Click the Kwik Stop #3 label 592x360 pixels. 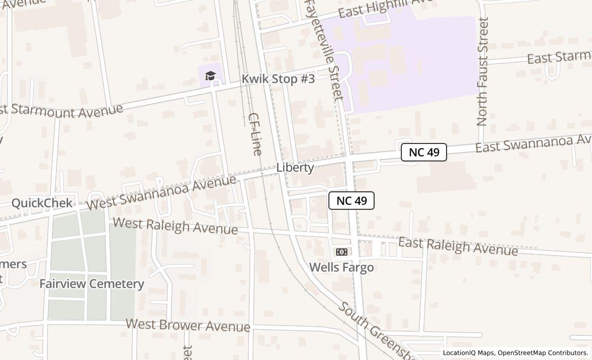pos(278,79)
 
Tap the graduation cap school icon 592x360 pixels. pos(210,76)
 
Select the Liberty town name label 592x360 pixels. pos(295,168)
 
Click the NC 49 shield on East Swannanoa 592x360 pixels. pos(423,152)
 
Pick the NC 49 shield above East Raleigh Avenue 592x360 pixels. pos(351,201)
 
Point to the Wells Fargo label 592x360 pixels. pos(341,267)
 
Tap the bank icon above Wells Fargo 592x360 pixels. pos(341,251)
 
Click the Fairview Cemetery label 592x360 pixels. pos(91,283)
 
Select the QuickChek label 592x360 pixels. pos(42,203)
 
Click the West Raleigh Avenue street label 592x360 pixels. pos(175,226)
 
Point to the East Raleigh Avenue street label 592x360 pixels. pos(458,246)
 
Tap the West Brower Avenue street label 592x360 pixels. pos(188,325)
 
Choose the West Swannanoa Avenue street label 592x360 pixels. pos(161,192)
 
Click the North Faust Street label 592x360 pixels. pos(482,71)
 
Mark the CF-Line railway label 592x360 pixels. pos(255,134)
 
